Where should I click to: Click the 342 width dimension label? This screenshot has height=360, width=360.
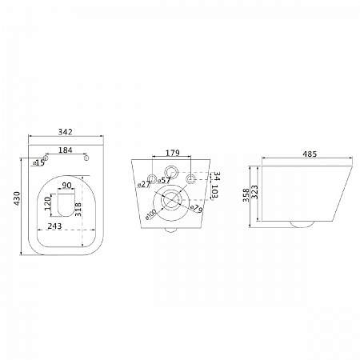[66, 132]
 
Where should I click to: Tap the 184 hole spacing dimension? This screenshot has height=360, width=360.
[66, 150]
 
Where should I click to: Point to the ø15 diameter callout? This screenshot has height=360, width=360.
[39, 162]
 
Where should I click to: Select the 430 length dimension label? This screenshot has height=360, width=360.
[17, 198]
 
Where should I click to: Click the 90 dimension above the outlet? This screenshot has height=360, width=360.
[66, 185]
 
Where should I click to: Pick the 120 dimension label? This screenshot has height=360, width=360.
[47, 203]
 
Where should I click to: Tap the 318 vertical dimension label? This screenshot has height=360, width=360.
[78, 210]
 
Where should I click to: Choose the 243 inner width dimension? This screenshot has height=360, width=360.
[54, 226]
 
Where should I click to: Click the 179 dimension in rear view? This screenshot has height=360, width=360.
[173, 153]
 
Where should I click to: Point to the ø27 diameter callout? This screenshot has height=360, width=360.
[144, 184]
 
